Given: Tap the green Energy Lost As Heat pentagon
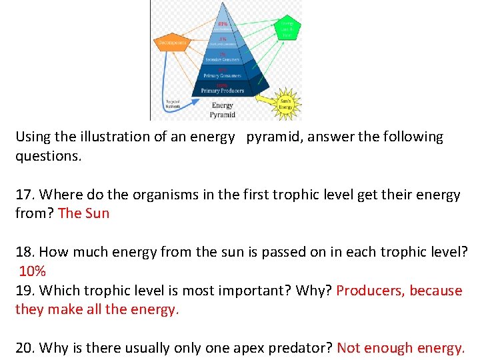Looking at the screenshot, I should [x=286, y=27].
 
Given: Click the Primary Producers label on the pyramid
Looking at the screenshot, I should [x=223, y=90].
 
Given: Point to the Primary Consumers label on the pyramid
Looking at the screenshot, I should [x=223, y=75].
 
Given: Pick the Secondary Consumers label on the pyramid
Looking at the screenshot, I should [x=223, y=59].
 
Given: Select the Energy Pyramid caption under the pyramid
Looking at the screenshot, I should [x=223, y=109].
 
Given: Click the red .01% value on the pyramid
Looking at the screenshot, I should [x=222, y=25].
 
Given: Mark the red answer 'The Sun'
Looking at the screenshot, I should [x=83, y=213].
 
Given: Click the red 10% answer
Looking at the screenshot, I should [x=32, y=271].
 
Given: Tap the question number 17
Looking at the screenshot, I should [x=24, y=195].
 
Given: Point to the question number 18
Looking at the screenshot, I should [x=24, y=252].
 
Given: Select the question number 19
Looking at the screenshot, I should [x=24, y=291].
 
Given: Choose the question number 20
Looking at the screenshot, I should [x=25, y=347].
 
